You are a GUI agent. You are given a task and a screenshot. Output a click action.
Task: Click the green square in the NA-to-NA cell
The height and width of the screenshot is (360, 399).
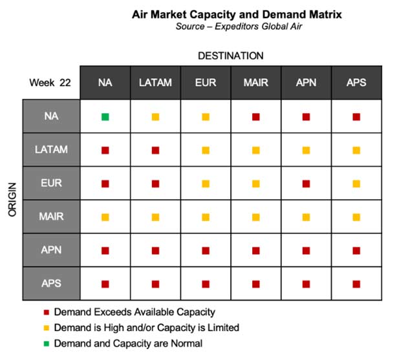(105, 117)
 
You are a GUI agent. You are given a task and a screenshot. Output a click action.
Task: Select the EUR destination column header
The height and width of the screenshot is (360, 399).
(206, 83)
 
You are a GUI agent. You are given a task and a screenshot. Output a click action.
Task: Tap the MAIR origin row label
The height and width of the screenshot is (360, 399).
(51, 217)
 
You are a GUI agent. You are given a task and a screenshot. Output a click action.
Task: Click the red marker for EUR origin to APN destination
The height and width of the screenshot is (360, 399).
(306, 184)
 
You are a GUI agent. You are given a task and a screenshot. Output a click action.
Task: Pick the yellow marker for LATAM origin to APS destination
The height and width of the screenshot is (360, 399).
(356, 151)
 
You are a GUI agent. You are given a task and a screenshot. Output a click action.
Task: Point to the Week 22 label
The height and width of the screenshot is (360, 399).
(50, 83)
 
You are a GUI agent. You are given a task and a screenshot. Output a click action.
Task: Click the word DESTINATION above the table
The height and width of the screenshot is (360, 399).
(231, 56)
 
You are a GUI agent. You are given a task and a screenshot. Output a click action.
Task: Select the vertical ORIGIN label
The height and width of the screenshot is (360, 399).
(12, 200)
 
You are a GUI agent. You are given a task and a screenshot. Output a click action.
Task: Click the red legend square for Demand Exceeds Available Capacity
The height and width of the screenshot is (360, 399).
(47, 312)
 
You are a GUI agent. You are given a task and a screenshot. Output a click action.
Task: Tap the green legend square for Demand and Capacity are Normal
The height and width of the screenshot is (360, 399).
(47, 344)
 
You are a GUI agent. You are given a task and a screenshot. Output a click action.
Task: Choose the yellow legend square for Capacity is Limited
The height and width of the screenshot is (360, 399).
(47, 328)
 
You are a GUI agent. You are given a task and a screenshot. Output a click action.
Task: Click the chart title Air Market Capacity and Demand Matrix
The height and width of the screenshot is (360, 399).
(237, 14)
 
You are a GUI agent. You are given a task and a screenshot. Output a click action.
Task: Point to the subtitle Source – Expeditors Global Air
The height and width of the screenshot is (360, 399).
(239, 26)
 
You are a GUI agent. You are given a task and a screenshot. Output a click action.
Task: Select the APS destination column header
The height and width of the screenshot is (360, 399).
(356, 83)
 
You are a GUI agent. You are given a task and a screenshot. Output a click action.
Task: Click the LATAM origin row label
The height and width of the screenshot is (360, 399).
(51, 149)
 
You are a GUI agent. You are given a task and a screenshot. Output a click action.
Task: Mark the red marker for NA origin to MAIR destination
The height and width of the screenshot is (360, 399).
(255, 117)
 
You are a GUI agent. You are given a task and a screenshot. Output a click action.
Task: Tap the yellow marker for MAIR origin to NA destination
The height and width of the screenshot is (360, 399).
(105, 217)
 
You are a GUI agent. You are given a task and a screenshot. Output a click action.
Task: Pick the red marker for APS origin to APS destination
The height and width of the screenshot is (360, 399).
(356, 284)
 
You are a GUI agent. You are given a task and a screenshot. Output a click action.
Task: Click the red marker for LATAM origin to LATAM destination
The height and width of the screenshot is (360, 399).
(155, 151)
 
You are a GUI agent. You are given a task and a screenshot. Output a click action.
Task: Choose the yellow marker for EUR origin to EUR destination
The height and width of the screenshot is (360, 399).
(206, 184)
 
